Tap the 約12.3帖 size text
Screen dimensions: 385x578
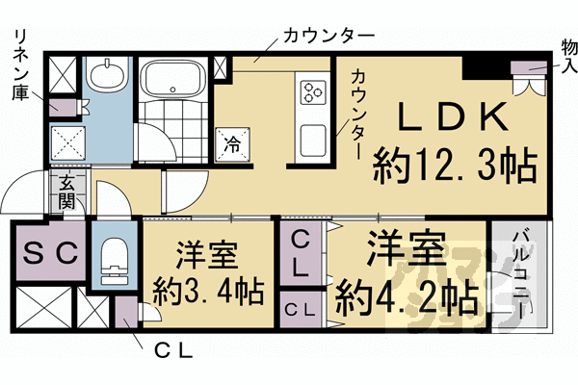tap(455, 167)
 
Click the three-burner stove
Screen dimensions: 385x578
tap(315, 92)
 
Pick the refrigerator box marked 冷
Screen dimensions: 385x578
tap(232, 142)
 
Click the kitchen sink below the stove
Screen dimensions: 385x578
tap(315, 141)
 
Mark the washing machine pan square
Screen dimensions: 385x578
tap(70, 145)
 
